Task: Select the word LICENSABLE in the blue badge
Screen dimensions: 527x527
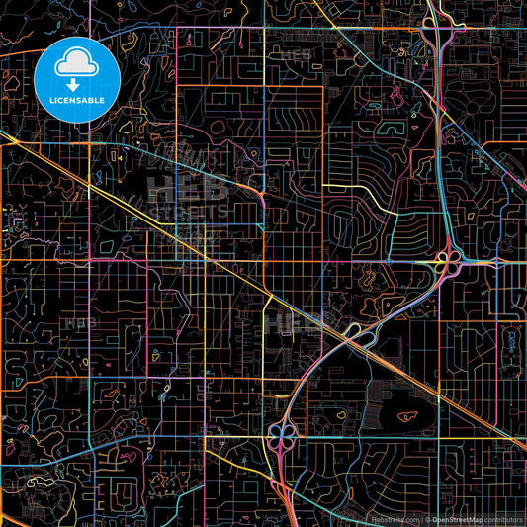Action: (77, 101)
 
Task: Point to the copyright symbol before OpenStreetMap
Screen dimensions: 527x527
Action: (427, 518)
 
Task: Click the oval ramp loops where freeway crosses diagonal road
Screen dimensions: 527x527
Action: (360, 338)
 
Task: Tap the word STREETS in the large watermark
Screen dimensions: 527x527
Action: (188, 210)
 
